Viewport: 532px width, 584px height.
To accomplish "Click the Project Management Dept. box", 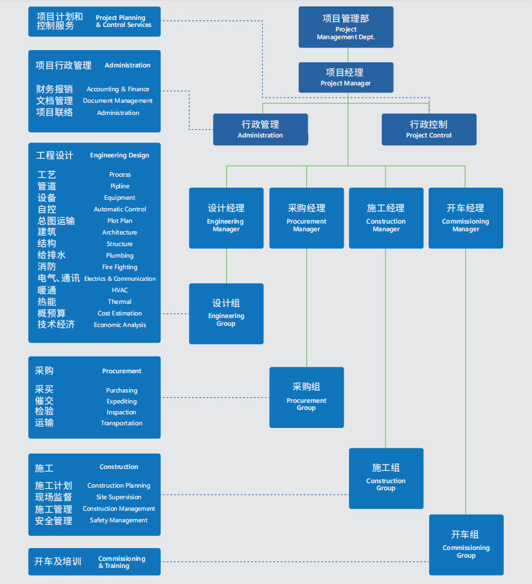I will (x=346, y=27).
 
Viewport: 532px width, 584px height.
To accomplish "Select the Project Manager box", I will (x=346, y=77).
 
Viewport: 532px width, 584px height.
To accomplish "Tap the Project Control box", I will (x=429, y=129).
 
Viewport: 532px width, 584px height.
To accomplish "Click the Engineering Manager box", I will (x=226, y=218).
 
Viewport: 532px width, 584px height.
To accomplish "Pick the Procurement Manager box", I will (x=306, y=218).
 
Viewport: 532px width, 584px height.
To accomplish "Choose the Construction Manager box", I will (x=386, y=218).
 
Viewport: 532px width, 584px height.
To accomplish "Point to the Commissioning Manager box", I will (x=466, y=218).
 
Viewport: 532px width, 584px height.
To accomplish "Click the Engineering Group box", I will (x=226, y=314).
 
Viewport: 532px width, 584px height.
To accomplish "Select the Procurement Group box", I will (x=306, y=397).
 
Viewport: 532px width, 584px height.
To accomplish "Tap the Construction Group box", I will (x=386, y=478).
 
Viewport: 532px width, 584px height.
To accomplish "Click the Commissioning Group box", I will (x=466, y=545).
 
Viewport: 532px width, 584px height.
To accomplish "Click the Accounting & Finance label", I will (x=118, y=89).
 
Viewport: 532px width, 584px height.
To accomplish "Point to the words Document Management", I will (x=118, y=101).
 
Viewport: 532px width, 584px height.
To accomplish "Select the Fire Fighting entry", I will (x=120, y=267).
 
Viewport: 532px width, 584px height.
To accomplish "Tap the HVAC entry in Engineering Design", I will (x=120, y=290).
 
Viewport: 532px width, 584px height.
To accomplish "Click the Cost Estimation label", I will (x=120, y=314).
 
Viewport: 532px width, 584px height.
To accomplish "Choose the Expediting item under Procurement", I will (x=121, y=402).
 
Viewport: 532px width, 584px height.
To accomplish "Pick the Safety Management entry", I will (x=119, y=520).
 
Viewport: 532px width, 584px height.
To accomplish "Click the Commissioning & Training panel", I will (x=94, y=562).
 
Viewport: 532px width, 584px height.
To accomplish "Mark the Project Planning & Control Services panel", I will (x=94, y=21).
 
